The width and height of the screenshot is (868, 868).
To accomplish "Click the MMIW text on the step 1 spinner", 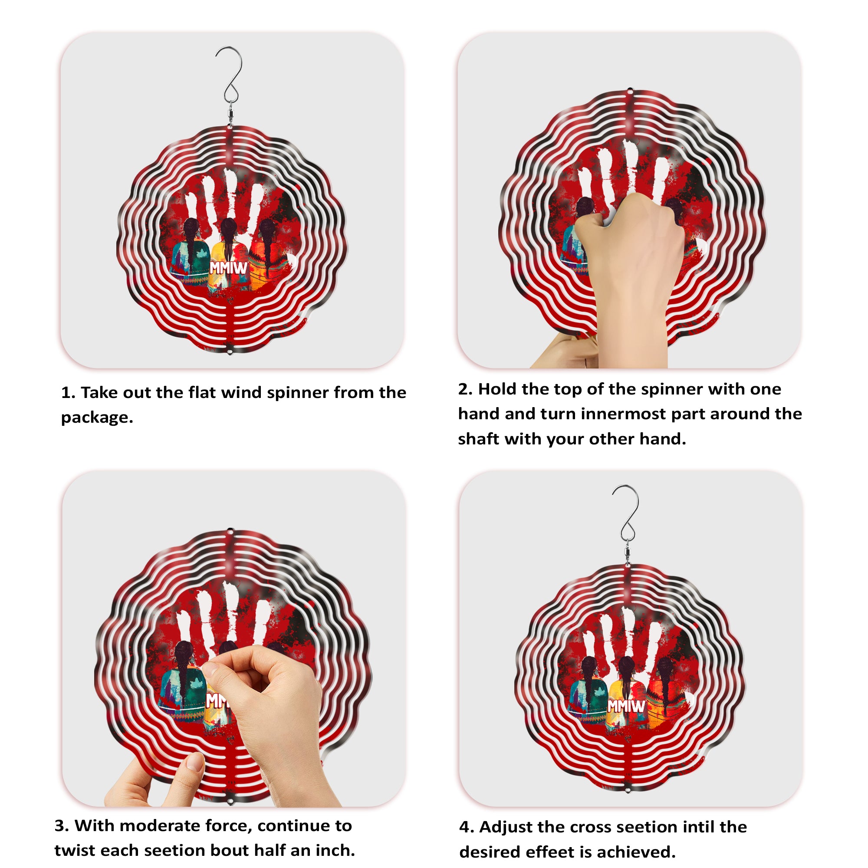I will click(229, 268).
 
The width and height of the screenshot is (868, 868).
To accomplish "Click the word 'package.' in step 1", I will click(97, 418).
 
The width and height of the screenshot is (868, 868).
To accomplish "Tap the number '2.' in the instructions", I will click(465, 389).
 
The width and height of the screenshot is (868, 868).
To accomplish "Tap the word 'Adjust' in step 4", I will click(505, 827).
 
